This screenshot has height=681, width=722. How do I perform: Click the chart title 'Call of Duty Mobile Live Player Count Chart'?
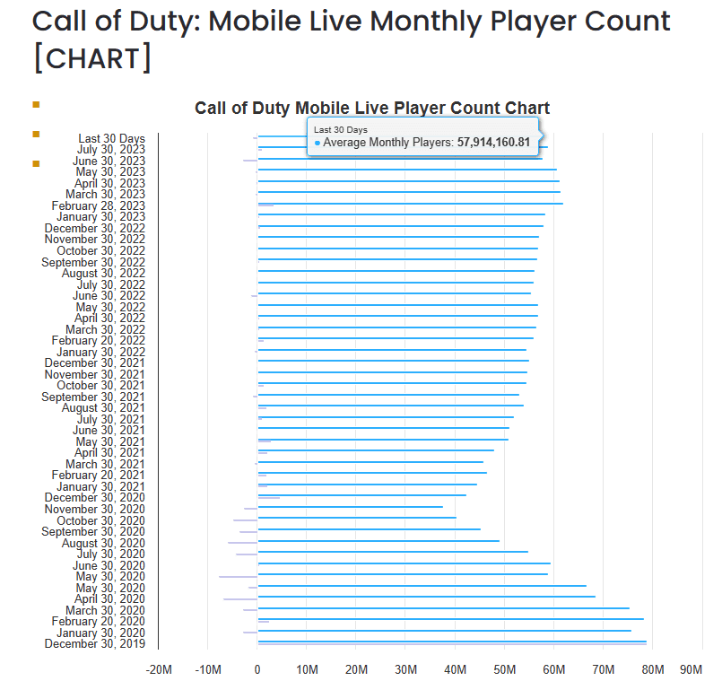pos(371,109)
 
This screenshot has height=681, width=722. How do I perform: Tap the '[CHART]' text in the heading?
pos(91,58)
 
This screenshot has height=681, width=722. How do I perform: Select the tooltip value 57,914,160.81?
pos(493,143)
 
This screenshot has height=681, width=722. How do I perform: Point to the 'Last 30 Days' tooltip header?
pos(341,130)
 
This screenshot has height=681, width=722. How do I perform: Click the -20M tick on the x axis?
pos(158,669)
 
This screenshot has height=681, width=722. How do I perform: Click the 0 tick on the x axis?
pos(257,669)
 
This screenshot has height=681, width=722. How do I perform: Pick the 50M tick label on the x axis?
pos(504,669)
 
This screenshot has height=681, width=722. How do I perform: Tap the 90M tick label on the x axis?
pos(691,669)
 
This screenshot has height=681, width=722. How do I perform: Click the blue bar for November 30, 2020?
pos(350,507)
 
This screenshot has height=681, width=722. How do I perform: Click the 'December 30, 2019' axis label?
pos(94,644)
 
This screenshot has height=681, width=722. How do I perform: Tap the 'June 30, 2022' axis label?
pos(109,296)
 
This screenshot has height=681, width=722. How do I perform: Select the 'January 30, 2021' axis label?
pos(100,487)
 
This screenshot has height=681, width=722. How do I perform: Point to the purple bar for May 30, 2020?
pos(238,577)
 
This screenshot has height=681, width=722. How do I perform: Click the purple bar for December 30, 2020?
pos(269,497)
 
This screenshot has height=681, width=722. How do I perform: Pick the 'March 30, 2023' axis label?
pos(105,195)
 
